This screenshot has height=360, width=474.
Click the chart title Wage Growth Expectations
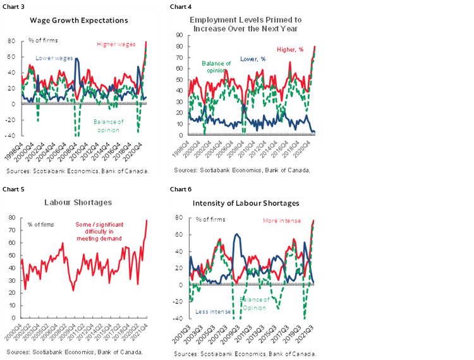tap(79, 20)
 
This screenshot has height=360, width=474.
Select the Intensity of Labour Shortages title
tap(246, 203)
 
